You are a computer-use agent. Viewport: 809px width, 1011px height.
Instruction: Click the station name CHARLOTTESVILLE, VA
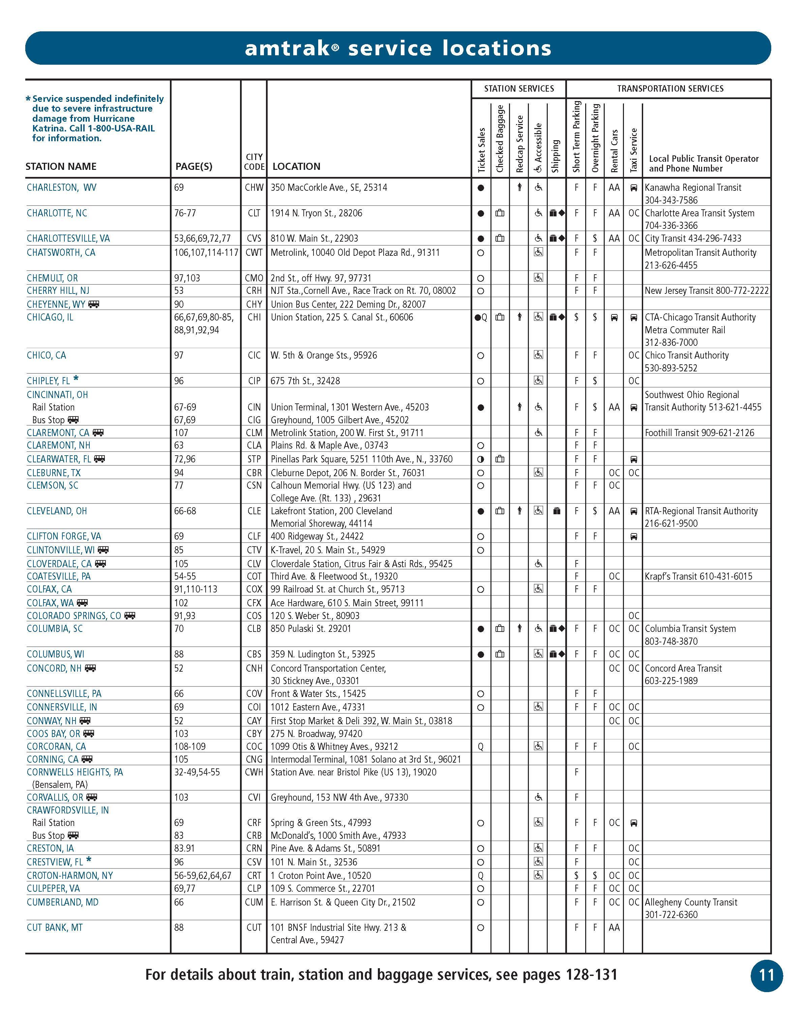point(68,238)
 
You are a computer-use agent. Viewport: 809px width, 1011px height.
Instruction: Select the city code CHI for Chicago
point(254,317)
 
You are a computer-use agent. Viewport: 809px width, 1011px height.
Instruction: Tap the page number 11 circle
point(766,975)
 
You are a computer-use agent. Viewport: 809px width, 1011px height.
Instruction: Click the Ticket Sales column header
point(481,150)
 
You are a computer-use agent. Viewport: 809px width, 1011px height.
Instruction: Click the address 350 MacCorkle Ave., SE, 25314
point(329,188)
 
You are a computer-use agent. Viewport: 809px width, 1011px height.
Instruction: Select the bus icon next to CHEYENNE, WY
point(94,304)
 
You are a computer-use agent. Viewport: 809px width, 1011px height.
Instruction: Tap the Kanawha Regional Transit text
point(693,188)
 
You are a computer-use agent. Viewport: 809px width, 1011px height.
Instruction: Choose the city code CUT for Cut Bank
point(254,927)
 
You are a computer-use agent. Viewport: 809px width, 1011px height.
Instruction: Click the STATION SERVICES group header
point(519,89)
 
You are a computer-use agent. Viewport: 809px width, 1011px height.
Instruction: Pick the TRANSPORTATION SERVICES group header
point(670,89)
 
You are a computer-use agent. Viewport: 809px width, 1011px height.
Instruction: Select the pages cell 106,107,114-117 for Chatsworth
point(206,253)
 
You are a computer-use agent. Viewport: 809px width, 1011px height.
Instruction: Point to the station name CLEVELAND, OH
point(57,511)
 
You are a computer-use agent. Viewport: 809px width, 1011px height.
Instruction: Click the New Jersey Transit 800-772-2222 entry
point(706,291)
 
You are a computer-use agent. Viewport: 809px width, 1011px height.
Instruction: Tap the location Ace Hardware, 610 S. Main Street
point(347,603)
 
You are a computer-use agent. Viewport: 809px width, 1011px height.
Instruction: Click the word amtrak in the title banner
point(287,48)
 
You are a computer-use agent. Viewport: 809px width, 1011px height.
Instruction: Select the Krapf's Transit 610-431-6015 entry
point(698,576)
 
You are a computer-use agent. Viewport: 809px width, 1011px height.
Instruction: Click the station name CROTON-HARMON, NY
point(70,876)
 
